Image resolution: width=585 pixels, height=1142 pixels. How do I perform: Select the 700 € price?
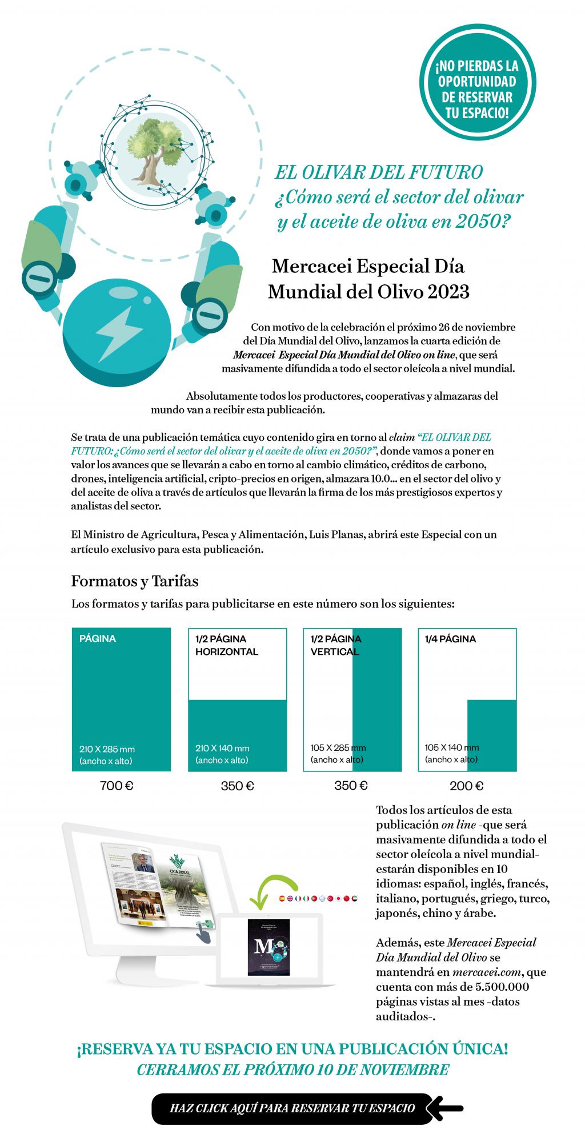pyautogui.click(x=117, y=786)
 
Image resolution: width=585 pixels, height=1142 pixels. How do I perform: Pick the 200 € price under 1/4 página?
pyautogui.click(x=467, y=786)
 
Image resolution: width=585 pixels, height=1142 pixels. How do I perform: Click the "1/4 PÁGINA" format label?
pyautogui.click(x=450, y=639)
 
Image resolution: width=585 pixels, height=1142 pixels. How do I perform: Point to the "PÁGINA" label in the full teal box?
pyautogui.click(x=98, y=638)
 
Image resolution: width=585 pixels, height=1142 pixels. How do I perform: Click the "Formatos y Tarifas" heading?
pyautogui.click(x=135, y=581)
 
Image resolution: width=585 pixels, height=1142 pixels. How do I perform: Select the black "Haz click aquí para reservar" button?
pyautogui.click(x=292, y=1108)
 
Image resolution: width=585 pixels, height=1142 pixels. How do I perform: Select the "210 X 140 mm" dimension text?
pyautogui.click(x=222, y=748)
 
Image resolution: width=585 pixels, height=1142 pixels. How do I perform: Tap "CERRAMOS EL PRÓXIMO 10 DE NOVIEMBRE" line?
pyautogui.click(x=292, y=1069)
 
